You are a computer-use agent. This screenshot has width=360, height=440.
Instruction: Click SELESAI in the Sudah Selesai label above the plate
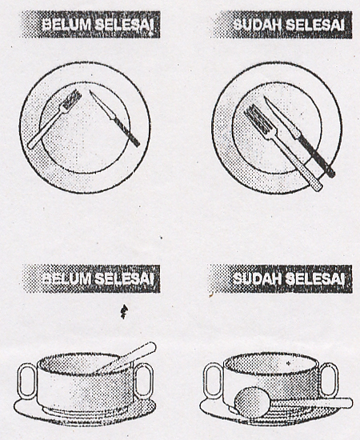[314, 25]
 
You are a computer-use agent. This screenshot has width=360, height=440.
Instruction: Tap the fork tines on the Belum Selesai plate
[72, 99]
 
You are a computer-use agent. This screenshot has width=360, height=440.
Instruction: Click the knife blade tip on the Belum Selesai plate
[90, 91]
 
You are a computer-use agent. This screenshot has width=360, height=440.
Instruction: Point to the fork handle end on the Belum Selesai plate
[30, 146]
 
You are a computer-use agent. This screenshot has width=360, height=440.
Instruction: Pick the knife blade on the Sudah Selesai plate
[281, 117]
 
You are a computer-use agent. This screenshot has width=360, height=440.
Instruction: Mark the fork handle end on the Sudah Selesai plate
[318, 187]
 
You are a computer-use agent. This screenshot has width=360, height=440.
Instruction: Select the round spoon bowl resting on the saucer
[252, 402]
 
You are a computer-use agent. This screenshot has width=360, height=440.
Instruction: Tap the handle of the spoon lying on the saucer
[311, 403]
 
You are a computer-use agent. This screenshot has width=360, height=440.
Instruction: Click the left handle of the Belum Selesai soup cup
[27, 381]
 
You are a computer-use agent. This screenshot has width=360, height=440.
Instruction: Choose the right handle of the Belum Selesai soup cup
[144, 381]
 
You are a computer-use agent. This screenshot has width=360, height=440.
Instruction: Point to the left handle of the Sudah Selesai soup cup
[214, 380]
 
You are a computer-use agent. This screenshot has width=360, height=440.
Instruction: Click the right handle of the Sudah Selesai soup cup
[328, 380]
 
